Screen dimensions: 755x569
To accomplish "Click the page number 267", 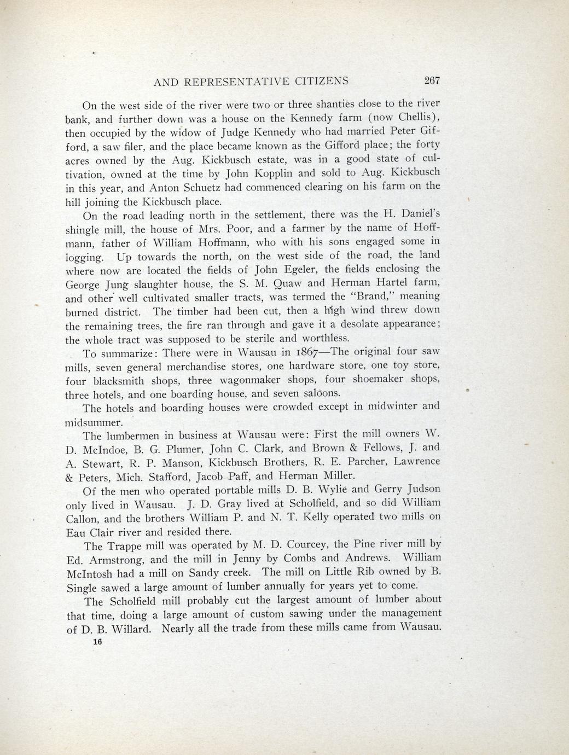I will point(432,80).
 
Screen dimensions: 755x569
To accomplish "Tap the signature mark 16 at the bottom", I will point(98,643).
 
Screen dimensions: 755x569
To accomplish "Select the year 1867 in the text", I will point(302,352).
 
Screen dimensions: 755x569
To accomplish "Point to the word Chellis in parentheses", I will point(417,117).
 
